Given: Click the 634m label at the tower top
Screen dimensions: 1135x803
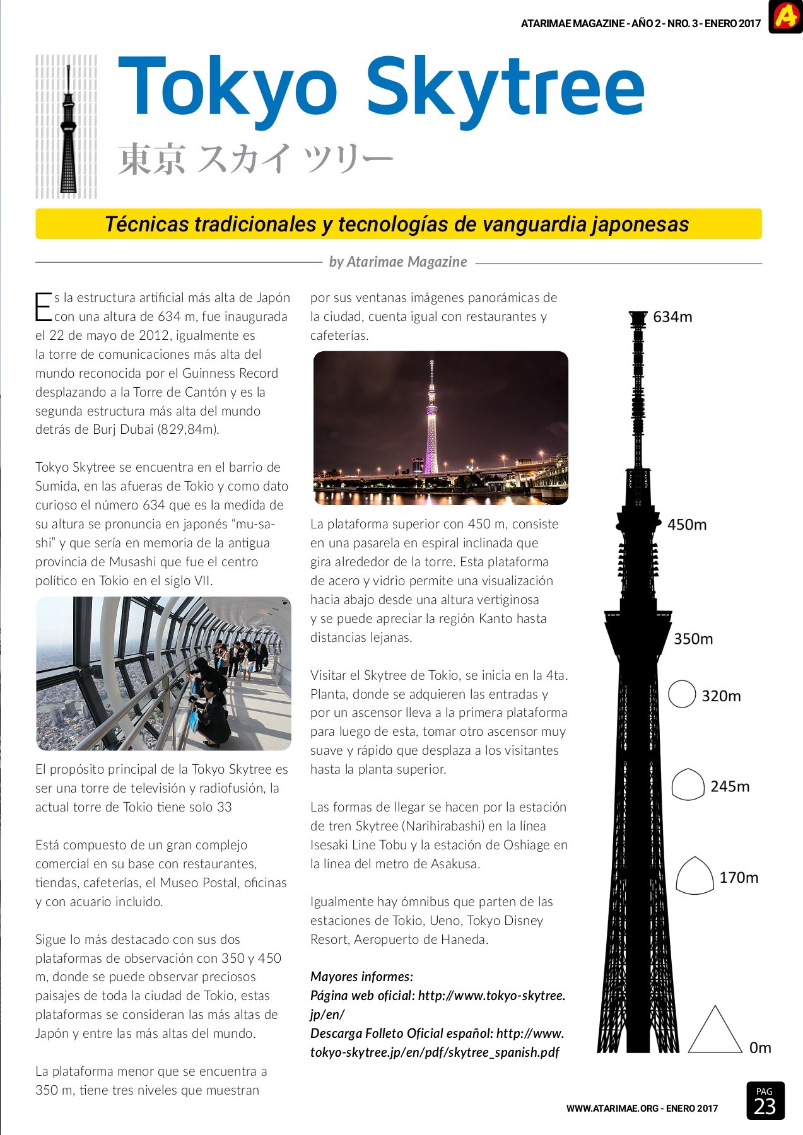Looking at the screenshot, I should click(672, 317).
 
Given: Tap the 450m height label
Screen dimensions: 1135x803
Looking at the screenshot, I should click(687, 525).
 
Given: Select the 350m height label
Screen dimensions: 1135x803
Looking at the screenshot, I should click(693, 639).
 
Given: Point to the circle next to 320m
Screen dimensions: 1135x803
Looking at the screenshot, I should click(682, 694).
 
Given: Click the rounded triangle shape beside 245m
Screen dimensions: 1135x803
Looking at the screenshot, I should click(688, 785).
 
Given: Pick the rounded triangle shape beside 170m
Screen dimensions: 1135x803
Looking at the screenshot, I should click(695, 876).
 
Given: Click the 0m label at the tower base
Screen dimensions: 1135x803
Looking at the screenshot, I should click(760, 1048).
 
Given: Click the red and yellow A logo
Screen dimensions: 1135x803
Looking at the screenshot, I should click(785, 16).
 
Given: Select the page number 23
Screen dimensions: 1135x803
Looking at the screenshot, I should click(765, 1107).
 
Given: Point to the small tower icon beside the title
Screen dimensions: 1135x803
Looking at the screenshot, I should click(67, 126).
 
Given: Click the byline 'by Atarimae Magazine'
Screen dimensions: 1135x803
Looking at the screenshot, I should click(398, 262).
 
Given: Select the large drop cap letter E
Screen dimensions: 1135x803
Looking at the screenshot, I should click(42, 307).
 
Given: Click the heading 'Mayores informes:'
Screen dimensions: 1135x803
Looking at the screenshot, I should click(361, 977).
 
